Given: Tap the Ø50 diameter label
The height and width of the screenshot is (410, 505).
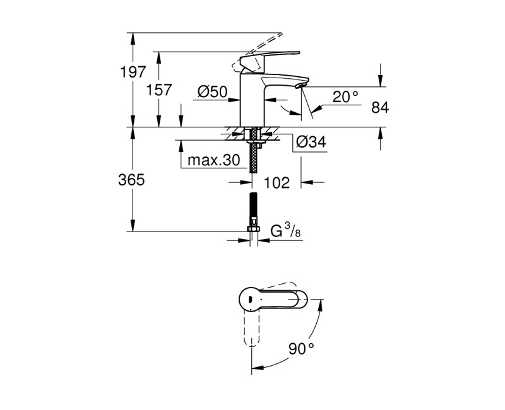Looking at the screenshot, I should [x=211, y=92].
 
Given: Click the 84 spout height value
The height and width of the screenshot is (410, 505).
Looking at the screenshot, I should [x=379, y=108].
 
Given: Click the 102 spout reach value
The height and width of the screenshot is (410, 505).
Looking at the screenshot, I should [x=276, y=183].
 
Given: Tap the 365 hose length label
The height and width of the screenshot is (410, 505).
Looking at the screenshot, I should [x=132, y=180].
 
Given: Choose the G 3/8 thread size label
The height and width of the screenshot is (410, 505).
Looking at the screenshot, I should [x=285, y=232].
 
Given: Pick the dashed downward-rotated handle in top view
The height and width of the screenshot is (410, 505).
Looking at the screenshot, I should [x=251, y=328].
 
